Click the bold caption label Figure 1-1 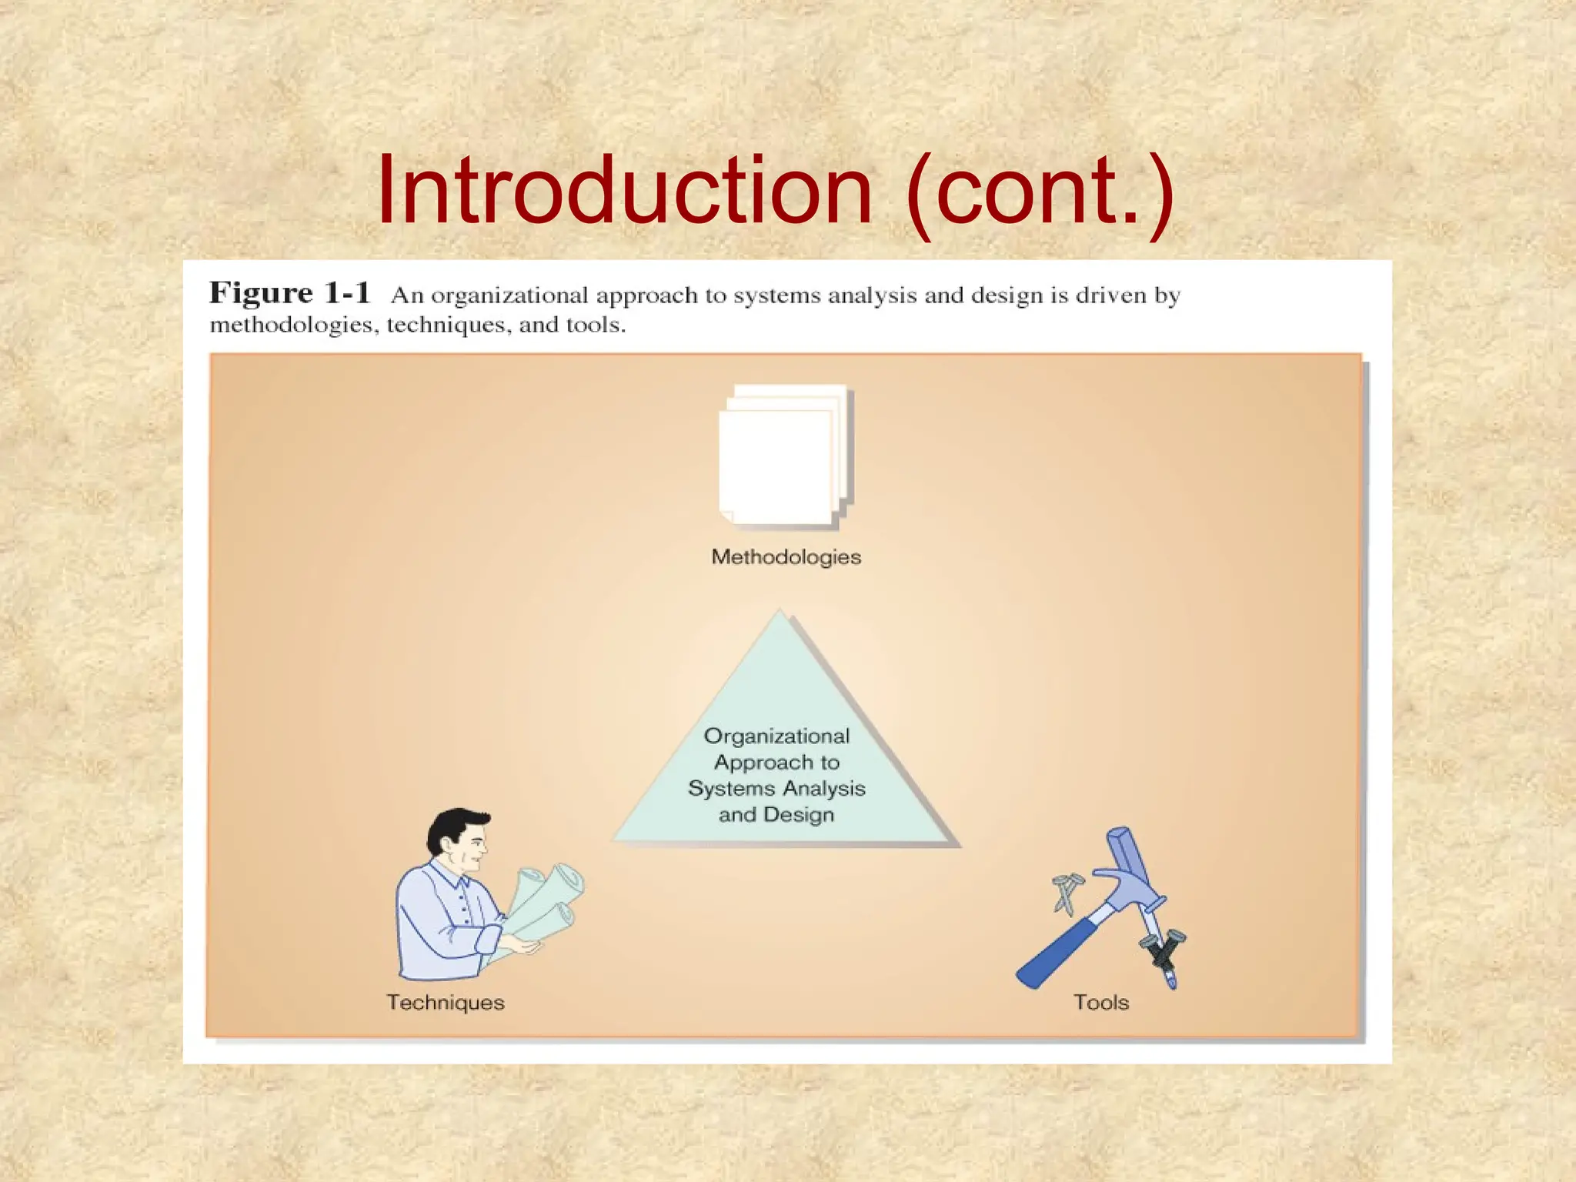point(289,293)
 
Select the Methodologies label point(786,556)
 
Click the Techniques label point(446,1002)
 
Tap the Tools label point(1100,1002)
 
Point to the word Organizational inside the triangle point(776,736)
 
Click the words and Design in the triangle point(776,814)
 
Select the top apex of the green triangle point(780,616)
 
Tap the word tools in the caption point(595,325)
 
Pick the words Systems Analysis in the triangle point(776,788)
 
